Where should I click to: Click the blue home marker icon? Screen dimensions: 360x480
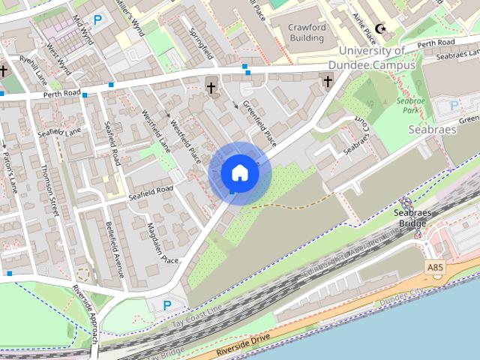[239, 173]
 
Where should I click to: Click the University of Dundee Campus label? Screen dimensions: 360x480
[376, 58]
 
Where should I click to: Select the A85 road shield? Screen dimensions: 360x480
[434, 266]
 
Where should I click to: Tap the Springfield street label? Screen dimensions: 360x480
[202, 40]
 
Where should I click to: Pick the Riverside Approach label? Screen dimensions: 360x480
[85, 304]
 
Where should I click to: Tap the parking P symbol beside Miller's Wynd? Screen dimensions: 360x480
[97, 19]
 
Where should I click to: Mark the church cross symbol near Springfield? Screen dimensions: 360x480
[211, 86]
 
